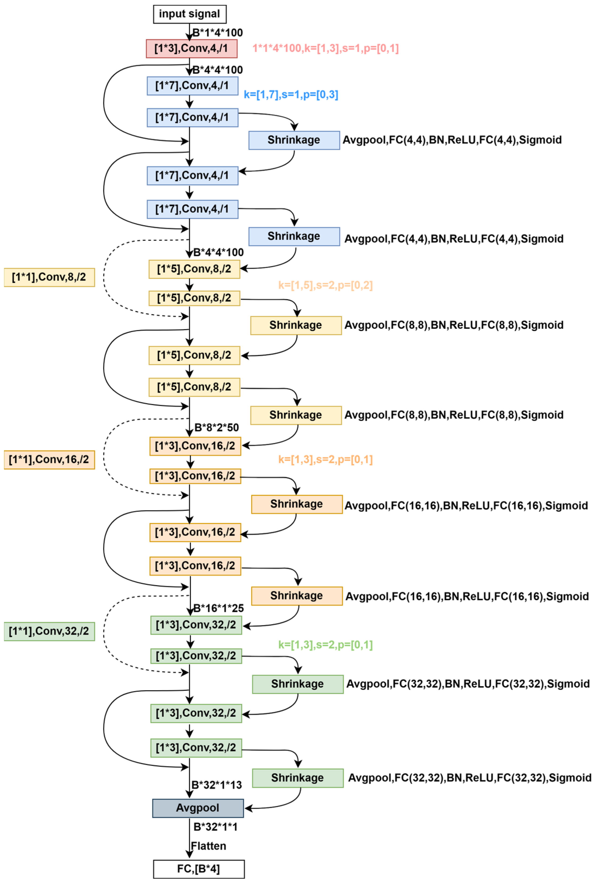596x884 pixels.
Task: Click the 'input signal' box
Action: click(x=189, y=14)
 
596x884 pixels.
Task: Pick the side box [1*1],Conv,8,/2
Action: click(x=49, y=277)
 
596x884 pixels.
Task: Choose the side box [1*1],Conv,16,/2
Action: click(x=49, y=460)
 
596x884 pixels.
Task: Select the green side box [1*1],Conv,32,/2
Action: click(x=49, y=632)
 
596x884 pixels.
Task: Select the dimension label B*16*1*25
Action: click(x=219, y=608)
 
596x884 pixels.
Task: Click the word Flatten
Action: click(x=208, y=846)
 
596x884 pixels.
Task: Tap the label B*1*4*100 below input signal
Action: click(x=217, y=33)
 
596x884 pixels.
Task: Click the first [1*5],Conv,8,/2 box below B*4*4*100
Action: click(x=194, y=269)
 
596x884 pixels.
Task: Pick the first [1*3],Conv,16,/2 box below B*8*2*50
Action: click(x=195, y=446)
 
